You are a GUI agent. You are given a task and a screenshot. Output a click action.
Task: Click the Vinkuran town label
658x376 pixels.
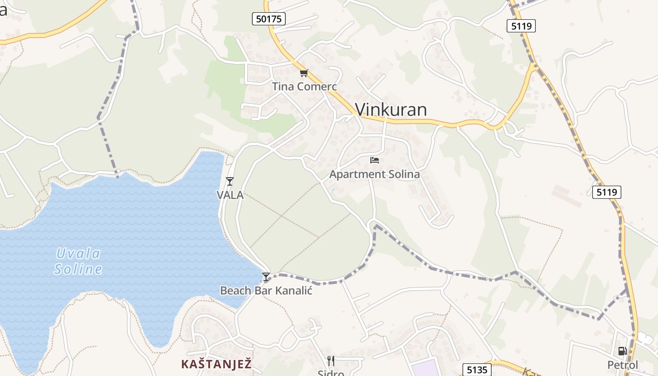tap(391, 110)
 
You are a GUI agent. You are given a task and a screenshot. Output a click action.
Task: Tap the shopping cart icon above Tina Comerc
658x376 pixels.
tap(304, 73)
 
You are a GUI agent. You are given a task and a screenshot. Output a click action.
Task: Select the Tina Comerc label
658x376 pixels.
tap(305, 86)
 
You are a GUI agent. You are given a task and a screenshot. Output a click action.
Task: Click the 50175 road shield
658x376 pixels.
tap(269, 19)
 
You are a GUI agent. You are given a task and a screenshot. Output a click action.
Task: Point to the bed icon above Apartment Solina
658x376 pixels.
tap(375, 160)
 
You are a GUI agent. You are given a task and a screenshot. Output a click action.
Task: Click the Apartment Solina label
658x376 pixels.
tap(375, 174)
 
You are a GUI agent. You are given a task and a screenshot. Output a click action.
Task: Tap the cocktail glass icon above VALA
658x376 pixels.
tap(230, 181)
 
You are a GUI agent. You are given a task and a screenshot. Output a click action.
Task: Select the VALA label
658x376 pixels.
tap(230, 195)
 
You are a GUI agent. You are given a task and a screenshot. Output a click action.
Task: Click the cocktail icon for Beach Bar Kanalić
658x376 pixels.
tap(266, 277)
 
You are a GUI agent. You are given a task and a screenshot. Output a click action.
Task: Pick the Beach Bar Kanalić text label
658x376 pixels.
tap(266, 290)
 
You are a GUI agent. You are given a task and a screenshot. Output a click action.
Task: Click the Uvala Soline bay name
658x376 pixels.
tap(78, 261)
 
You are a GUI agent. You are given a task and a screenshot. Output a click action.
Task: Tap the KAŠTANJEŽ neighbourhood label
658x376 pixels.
tap(217, 364)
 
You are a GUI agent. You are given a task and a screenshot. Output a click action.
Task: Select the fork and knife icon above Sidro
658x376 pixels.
tap(331, 361)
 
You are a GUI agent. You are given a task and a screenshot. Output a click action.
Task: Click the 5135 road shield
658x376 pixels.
tap(477, 369)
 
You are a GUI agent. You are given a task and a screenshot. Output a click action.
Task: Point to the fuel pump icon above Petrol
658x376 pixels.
tap(623, 351)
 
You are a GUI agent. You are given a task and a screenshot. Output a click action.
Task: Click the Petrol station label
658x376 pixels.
tap(623, 365)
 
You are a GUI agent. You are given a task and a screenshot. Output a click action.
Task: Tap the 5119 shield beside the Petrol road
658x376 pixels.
tap(607, 192)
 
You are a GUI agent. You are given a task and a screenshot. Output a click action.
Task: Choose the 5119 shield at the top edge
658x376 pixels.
tap(522, 26)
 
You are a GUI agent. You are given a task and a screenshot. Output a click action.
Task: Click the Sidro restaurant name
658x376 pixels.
tap(331, 373)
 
